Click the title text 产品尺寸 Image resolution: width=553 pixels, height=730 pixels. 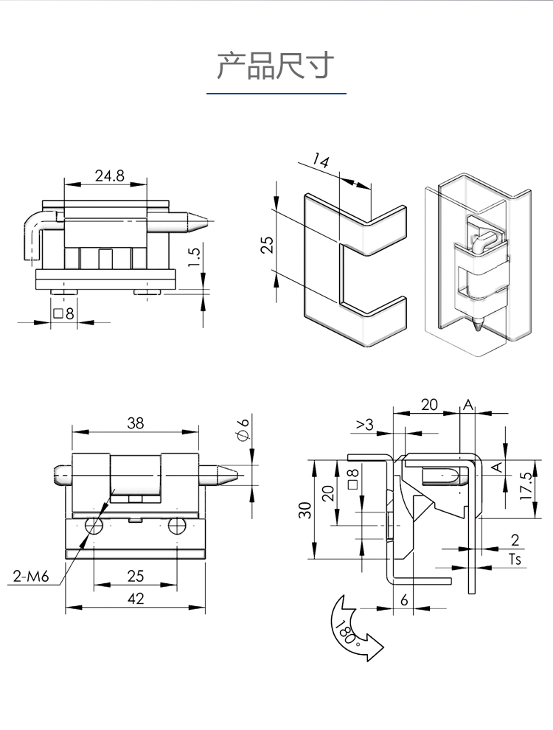tap(276, 66)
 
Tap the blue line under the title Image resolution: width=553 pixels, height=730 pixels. tap(276, 94)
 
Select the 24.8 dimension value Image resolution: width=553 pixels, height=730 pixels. tap(108, 175)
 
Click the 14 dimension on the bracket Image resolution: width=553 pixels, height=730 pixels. tap(321, 161)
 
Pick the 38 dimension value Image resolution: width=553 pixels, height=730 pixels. tap(135, 423)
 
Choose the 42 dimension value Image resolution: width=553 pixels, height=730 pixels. tap(135, 598)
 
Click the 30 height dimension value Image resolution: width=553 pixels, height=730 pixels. tap(305, 510)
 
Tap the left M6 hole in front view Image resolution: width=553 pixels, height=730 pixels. tap(94, 526)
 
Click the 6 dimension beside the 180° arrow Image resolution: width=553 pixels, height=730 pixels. tap(404, 599)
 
